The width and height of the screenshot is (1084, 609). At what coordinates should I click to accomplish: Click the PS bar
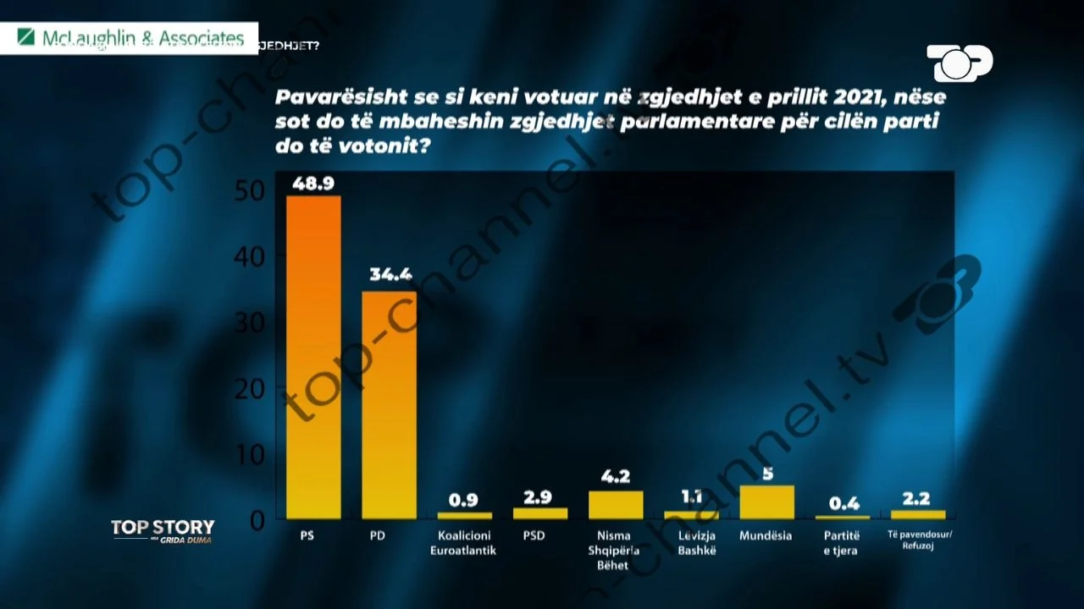(x=313, y=357)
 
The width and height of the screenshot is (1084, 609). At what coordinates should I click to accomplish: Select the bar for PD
(x=389, y=405)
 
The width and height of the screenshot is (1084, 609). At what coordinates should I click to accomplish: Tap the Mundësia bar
(x=766, y=502)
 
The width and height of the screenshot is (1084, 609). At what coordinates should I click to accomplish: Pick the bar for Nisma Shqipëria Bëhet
(x=616, y=505)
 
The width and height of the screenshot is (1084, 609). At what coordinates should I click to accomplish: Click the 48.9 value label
(x=313, y=183)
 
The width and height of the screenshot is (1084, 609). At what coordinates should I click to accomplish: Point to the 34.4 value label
(x=390, y=275)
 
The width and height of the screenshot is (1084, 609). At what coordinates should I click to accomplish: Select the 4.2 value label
(x=616, y=476)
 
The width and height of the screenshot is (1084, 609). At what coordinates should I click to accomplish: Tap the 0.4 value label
(x=843, y=503)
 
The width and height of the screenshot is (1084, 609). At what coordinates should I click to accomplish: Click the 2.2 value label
(x=918, y=499)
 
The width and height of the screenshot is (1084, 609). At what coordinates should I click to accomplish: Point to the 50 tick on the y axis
(x=248, y=191)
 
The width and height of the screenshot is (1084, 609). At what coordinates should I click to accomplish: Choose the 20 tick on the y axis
(x=248, y=388)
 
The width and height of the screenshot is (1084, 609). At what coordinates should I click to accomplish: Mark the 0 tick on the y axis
(x=257, y=520)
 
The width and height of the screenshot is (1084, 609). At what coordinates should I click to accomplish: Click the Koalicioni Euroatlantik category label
(x=466, y=543)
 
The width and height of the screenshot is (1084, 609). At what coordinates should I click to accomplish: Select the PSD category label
(x=534, y=536)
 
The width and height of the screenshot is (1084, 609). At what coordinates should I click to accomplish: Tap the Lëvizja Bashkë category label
(x=691, y=543)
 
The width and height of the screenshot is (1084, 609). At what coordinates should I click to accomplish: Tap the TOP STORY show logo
(x=163, y=530)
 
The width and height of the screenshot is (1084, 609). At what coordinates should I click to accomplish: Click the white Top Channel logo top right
(x=960, y=63)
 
